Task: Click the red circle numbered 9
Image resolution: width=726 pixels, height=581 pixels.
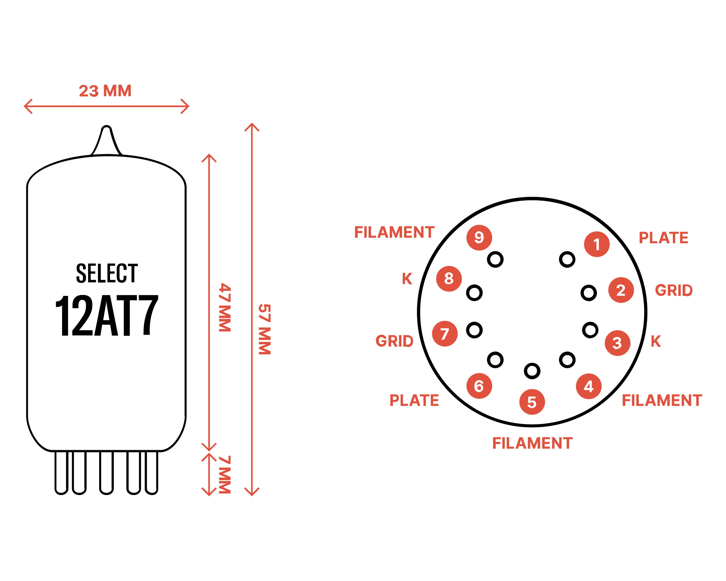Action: [x=479, y=237]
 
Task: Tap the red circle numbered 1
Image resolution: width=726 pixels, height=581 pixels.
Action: [x=597, y=244]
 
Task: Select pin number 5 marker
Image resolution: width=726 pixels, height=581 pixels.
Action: [x=532, y=402]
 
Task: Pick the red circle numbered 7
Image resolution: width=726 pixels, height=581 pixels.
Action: [x=445, y=333]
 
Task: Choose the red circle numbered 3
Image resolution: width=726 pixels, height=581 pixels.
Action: [x=617, y=343]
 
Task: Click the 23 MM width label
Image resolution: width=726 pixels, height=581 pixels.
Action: [x=105, y=91]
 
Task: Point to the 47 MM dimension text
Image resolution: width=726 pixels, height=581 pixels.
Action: [x=225, y=307]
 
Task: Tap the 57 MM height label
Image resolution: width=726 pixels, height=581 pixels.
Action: [x=265, y=329]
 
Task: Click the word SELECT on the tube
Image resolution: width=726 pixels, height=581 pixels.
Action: [x=107, y=273]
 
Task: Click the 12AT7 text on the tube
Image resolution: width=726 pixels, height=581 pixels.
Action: [x=107, y=316]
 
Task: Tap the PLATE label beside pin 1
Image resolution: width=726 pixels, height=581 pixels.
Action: [x=663, y=238]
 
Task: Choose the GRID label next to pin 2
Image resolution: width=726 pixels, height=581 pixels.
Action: [x=673, y=290]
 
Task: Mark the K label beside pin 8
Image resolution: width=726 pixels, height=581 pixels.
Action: [x=407, y=279]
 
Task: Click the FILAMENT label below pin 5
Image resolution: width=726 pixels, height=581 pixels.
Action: [x=532, y=443]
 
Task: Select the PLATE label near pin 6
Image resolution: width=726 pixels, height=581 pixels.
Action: [x=414, y=400]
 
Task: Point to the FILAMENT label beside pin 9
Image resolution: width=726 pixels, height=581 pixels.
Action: [x=394, y=232]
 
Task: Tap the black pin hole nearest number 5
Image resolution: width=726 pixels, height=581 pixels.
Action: [x=532, y=371]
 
